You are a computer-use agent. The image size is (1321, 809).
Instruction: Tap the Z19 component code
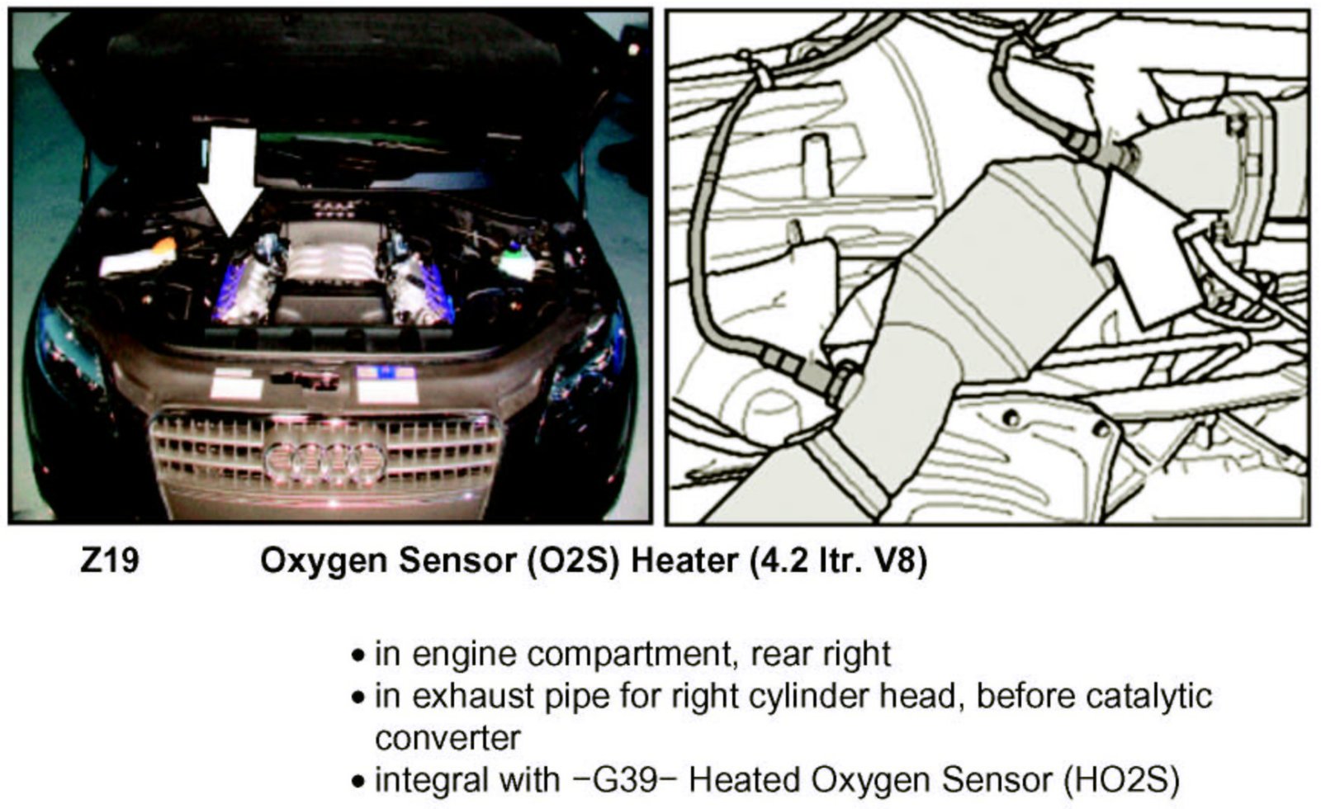(x=109, y=561)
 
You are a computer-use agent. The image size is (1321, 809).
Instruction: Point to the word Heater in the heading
(x=684, y=561)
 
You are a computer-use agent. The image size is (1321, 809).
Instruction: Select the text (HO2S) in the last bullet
(x=1121, y=779)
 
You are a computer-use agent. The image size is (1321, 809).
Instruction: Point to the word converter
(x=448, y=738)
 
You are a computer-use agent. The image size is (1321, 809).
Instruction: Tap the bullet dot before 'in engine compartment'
(x=357, y=656)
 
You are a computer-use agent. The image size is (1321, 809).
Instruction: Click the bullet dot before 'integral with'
(x=357, y=781)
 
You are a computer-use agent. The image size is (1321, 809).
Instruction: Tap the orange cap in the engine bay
(x=164, y=246)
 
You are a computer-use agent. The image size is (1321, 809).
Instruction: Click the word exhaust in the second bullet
(x=475, y=697)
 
